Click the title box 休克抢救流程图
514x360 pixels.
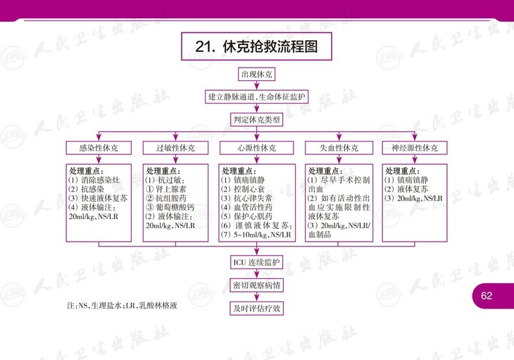tap(256, 46)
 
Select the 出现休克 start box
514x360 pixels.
tap(256, 75)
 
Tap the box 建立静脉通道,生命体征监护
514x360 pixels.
tap(256, 97)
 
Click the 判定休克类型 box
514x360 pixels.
tap(256, 120)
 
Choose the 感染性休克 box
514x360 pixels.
tap(99, 148)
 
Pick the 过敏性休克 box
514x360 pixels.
tap(175, 148)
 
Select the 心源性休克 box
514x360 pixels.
tap(256, 148)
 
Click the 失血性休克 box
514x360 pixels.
tap(339, 148)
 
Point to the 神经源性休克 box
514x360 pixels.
tap(415, 148)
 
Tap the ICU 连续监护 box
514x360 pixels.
tap(256, 262)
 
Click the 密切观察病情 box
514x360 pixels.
tap(256, 285)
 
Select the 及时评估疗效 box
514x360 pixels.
tap(256, 309)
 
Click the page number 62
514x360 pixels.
tap(487, 296)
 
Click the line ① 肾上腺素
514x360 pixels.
tap(166, 190)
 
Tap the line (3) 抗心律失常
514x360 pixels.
tap(246, 199)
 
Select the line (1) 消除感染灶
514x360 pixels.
tap(94, 180)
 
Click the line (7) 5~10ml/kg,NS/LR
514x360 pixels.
tap(256, 235)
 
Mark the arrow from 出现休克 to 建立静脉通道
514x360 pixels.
tap(256, 85)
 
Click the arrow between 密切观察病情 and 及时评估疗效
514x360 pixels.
tap(256, 297)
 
